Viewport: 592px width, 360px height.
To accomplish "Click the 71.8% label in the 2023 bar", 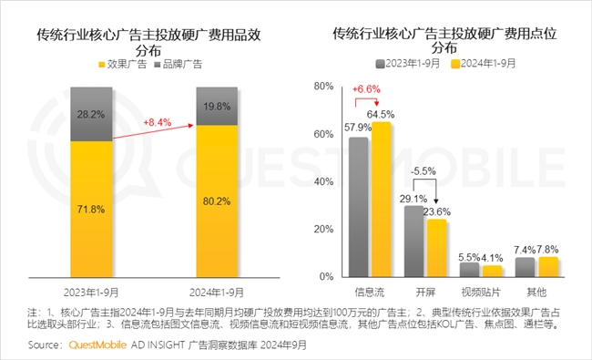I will tap(89, 210).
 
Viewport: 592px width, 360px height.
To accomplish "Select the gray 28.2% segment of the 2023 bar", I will tap(89, 115).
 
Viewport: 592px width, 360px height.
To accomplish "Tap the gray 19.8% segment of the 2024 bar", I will tap(218, 107).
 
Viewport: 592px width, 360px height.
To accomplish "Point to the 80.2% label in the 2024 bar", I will tap(218, 202).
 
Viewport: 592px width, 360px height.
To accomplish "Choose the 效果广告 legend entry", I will tap(121, 64).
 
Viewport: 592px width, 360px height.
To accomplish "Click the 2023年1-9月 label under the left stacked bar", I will tap(89, 293).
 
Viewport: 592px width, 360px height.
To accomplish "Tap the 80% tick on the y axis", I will tap(322, 87).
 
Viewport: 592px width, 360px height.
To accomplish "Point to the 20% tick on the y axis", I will tap(322, 229).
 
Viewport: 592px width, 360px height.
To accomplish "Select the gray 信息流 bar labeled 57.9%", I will tap(358, 208).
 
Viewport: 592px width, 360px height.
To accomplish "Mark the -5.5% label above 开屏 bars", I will tap(424, 171).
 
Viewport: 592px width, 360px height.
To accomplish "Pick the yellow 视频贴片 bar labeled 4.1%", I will tap(492, 271).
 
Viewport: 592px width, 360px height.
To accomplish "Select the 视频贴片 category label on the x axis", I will tap(480, 293).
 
